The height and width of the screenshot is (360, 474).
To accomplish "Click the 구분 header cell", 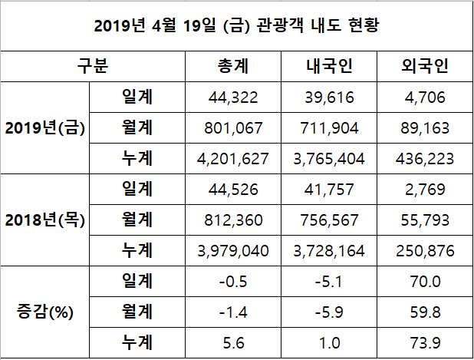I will [x=93, y=66].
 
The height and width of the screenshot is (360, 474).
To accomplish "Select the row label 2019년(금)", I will [x=44, y=127].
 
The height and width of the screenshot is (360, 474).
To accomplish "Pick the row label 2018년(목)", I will [x=44, y=220].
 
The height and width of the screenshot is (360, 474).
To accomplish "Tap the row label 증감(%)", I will [x=44, y=312].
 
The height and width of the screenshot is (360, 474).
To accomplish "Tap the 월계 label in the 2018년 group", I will [x=137, y=220].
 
